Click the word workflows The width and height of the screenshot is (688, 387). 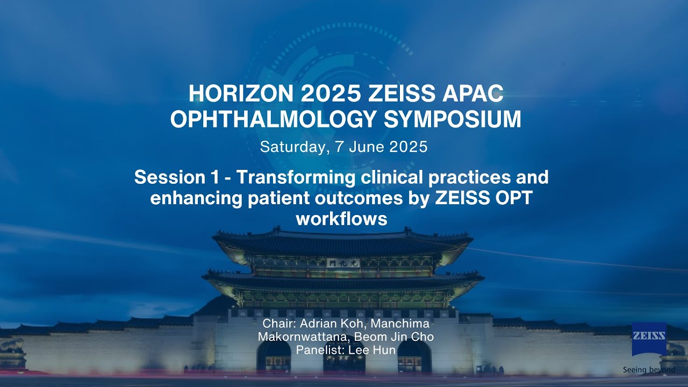(341, 219)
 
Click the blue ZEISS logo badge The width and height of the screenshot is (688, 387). (649, 339)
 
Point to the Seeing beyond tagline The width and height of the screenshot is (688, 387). (649, 369)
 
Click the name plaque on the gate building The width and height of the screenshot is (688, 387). (343, 263)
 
